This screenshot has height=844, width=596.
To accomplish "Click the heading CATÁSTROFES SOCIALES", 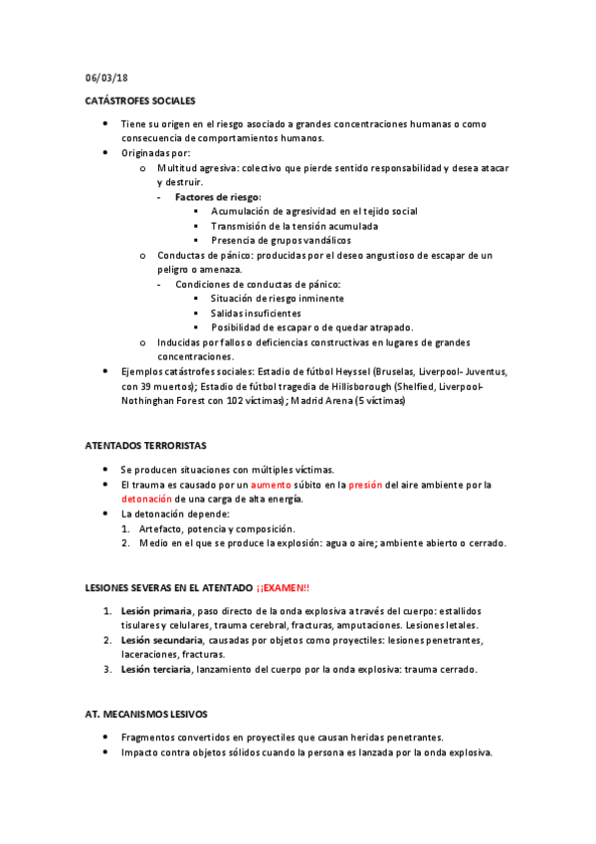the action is coord(139,101).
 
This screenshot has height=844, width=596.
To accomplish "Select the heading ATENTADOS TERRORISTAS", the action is coord(145,445).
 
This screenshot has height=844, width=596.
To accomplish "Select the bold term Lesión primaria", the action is coord(156,610).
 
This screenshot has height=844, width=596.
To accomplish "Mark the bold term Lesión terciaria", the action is coord(158,670).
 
